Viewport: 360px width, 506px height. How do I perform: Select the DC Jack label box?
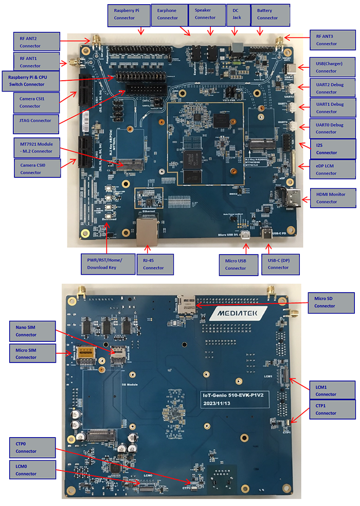tap(237, 14)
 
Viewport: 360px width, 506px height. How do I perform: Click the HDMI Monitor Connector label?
tap(332, 198)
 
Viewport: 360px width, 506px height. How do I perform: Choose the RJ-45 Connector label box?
tap(154, 264)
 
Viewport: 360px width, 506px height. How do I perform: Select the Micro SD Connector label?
tap(332, 302)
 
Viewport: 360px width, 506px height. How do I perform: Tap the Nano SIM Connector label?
tap(32, 331)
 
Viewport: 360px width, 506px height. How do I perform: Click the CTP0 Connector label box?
tap(32, 447)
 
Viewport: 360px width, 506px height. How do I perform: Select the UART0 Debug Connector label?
tap(332, 129)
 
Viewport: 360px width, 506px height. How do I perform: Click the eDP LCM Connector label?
tap(332, 170)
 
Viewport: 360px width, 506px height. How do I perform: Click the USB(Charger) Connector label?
tap(332, 67)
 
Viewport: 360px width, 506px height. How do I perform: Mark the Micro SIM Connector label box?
tap(32, 353)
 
